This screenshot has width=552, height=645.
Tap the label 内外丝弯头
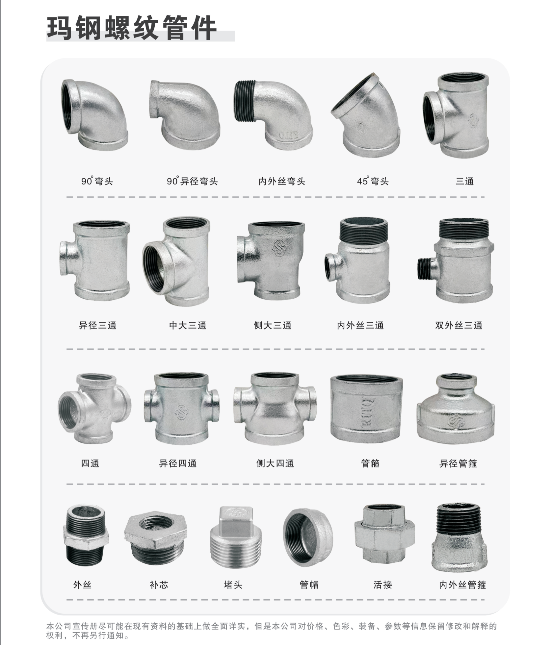pyautogui.click(x=282, y=181)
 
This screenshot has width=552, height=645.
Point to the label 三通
pyautogui.click(x=464, y=181)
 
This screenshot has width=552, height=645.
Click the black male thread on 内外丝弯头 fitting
pyautogui.click(x=245, y=101)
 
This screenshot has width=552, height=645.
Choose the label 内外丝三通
pyautogui.click(x=360, y=326)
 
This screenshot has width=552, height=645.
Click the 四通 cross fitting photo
pyautogui.click(x=94, y=409)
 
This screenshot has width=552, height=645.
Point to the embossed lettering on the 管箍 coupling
pyautogui.click(x=368, y=413)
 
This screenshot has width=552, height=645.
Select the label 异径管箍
pyautogui.click(x=458, y=464)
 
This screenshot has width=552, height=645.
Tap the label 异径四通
pyautogui.click(x=178, y=464)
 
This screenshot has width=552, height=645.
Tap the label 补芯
pyautogui.click(x=159, y=585)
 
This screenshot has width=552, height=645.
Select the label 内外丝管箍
pyautogui.click(x=462, y=585)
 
